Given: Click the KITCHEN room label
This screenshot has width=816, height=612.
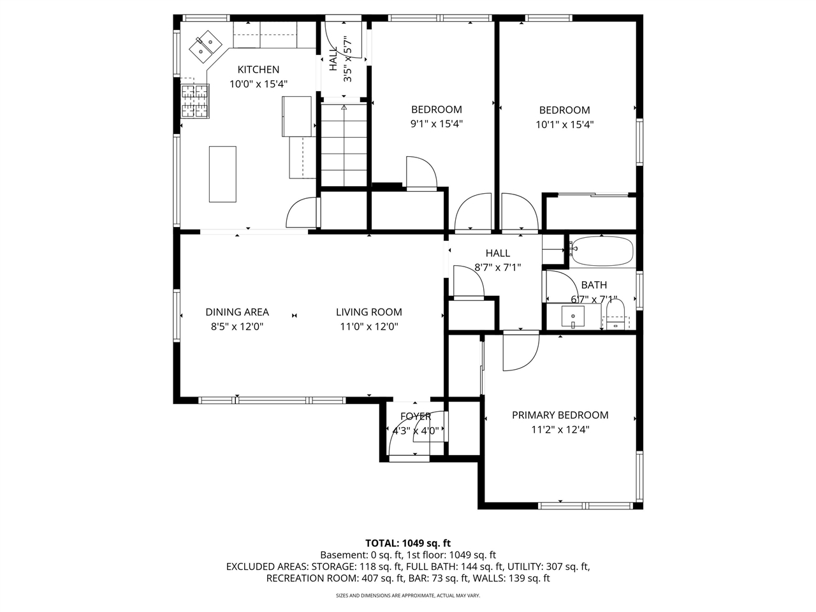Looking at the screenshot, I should (258, 69).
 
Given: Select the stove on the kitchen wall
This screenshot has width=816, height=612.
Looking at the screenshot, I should (195, 101).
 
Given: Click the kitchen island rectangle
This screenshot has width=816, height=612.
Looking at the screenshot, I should (222, 174).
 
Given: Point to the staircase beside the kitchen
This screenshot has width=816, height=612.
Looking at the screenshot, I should (344, 145).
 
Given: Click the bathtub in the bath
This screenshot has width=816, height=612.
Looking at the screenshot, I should (602, 251).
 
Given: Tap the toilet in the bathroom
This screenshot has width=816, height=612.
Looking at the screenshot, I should (615, 314).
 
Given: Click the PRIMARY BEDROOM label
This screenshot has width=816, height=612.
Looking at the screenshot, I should (560, 415).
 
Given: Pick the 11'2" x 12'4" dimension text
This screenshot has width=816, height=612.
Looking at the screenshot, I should (560, 430).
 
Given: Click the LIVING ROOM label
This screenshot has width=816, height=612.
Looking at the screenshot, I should (369, 312).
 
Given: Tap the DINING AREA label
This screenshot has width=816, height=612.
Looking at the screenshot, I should (237, 312).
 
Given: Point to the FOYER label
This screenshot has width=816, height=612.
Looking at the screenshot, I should (415, 416).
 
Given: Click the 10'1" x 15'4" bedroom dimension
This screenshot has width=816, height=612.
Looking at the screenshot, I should (564, 125).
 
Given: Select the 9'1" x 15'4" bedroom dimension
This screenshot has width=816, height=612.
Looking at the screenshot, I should (436, 124).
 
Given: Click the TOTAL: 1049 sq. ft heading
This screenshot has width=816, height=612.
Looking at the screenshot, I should (407, 543).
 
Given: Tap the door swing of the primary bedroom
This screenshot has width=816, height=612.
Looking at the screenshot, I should (520, 354).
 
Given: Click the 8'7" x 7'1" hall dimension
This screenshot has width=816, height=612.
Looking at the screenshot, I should (497, 268).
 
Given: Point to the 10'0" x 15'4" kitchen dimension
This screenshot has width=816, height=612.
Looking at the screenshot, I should (259, 84).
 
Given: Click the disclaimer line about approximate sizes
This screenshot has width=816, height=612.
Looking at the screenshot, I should (407, 595).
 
